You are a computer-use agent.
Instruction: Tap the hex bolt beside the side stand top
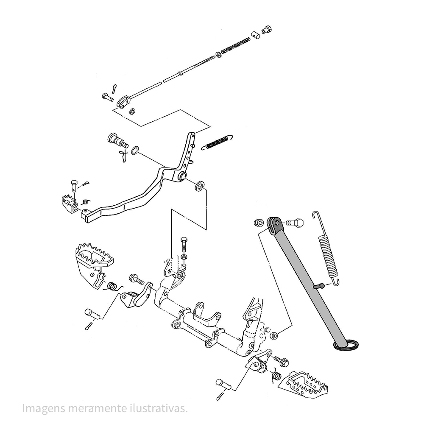(296, 222)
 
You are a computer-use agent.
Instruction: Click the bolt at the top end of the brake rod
(267, 29)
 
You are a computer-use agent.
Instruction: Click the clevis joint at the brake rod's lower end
(123, 102)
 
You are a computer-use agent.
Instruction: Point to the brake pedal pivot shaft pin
(116, 139)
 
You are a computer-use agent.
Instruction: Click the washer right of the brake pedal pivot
(199, 186)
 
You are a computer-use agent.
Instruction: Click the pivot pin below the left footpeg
(92, 314)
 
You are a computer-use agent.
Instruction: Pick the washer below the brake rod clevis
(132, 112)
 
